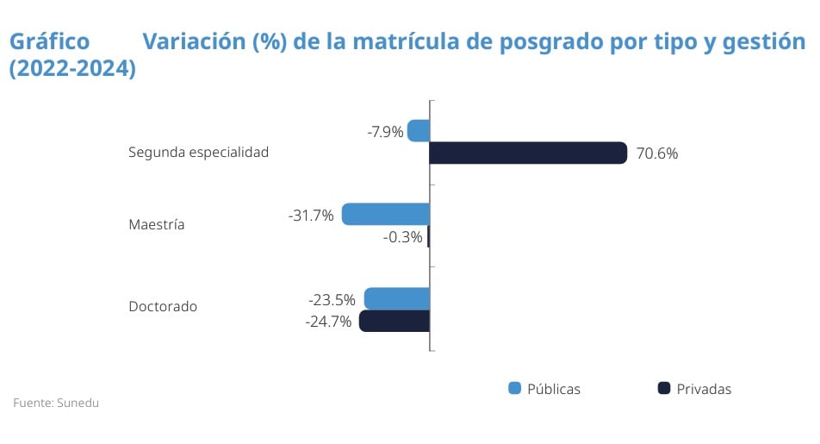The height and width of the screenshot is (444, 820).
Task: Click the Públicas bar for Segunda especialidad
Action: click(x=419, y=131)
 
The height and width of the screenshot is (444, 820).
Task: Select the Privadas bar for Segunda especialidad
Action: click(x=528, y=153)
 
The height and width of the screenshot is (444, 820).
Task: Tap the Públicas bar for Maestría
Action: click(x=386, y=215)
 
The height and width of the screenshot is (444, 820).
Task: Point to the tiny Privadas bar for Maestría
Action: click(x=428, y=237)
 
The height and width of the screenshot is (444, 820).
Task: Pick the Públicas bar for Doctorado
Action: click(x=397, y=299)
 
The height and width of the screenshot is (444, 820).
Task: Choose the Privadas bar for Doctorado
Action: click(x=394, y=322)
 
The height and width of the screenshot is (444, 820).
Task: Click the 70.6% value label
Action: click(x=657, y=154)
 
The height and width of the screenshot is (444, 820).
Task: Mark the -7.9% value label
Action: click(x=385, y=132)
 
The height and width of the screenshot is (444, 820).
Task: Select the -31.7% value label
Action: click(x=311, y=216)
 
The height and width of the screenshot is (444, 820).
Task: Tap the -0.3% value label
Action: click(x=403, y=237)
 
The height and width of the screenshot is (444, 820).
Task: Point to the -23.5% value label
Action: click(x=332, y=300)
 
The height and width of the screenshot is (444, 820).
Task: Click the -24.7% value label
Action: click(x=328, y=322)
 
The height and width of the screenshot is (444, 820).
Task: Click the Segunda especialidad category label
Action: click(x=199, y=152)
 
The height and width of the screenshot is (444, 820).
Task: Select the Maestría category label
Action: click(x=157, y=225)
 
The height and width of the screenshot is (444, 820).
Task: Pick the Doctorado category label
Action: click(x=163, y=306)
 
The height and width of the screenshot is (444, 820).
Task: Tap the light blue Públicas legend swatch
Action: click(x=515, y=389)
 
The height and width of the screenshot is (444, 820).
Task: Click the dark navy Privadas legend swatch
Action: click(x=664, y=389)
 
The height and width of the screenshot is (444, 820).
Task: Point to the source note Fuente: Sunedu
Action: click(x=50, y=403)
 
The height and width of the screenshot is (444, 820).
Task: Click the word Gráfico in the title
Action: click(x=49, y=41)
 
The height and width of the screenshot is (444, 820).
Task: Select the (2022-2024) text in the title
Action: click(x=72, y=70)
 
